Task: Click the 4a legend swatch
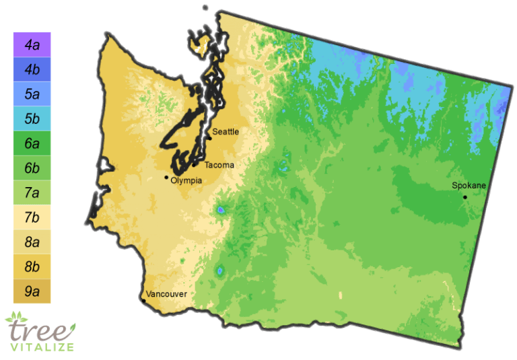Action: click(32, 45)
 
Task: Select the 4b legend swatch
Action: click(32, 69)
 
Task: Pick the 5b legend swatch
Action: click(32, 118)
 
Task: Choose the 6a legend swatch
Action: click(32, 143)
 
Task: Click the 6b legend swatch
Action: click(32, 168)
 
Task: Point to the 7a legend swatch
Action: click(32, 192)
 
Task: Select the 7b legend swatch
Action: click(32, 217)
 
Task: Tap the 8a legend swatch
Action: click(32, 242)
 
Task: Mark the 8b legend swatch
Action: click(32, 266)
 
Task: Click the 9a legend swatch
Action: click(32, 291)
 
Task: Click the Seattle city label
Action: click(226, 132)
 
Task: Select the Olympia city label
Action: click(186, 180)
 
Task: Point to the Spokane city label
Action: click(469, 185)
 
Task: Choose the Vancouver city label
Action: click(166, 294)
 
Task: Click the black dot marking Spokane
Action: click(465, 197)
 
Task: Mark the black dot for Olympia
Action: click(167, 178)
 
